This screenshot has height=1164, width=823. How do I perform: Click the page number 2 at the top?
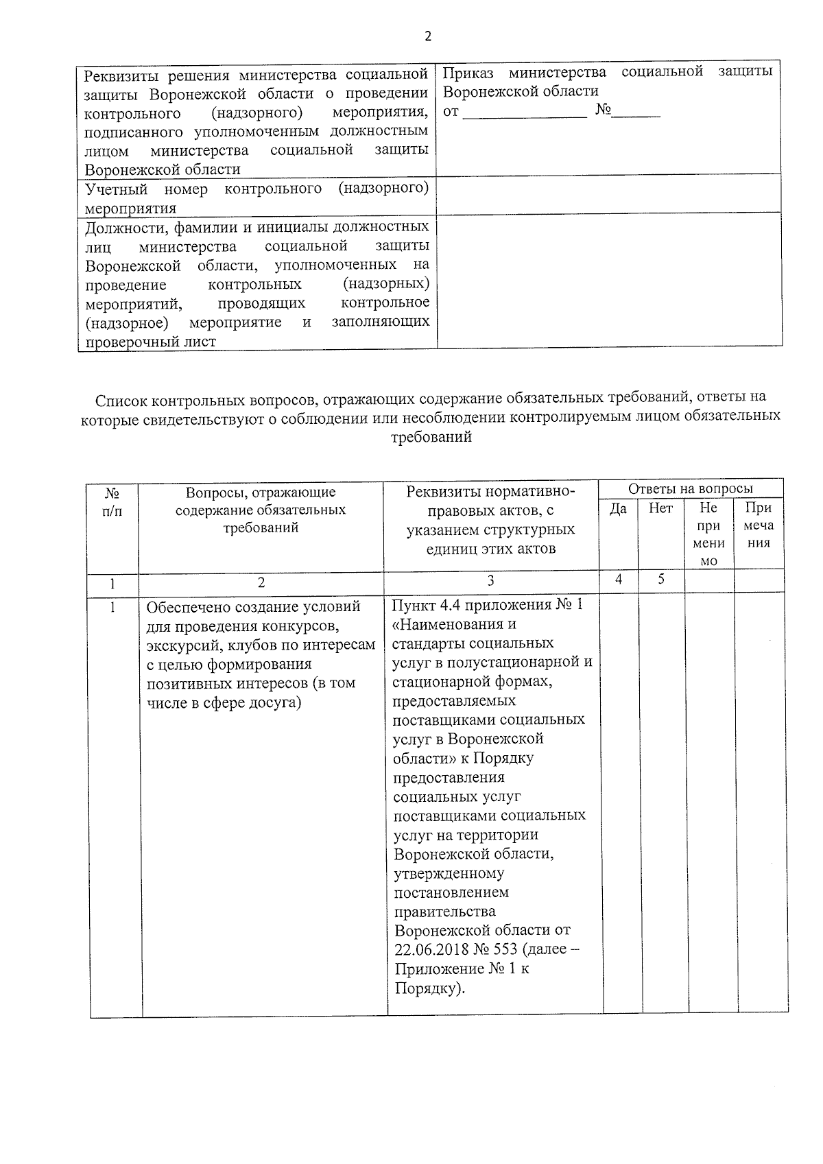(428, 37)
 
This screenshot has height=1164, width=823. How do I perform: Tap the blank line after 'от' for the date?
(525, 112)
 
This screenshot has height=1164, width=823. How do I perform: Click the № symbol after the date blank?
(604, 110)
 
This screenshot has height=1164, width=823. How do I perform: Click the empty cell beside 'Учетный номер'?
(608, 193)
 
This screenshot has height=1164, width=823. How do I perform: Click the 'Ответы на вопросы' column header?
(690, 488)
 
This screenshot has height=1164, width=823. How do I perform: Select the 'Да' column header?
(618, 508)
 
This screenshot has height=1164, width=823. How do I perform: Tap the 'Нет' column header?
(660, 508)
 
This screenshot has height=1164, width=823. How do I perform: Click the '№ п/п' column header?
(112, 501)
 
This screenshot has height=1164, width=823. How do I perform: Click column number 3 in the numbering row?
(490, 580)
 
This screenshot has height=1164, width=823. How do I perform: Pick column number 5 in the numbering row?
(661, 579)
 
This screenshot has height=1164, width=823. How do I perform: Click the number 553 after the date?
(505, 950)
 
